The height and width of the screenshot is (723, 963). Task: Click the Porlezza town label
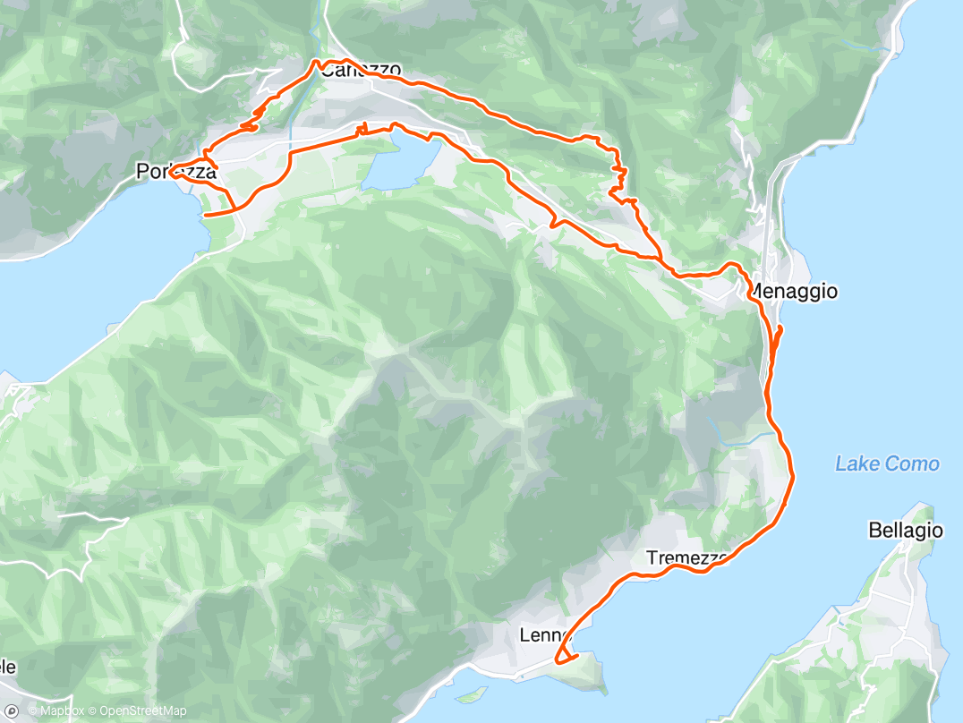coord(176,171)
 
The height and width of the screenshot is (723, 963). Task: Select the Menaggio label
coord(793,291)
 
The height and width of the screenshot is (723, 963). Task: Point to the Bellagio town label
coord(905,531)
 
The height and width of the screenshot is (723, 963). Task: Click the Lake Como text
coord(886,464)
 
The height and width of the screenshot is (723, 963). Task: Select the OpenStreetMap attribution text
coord(143,712)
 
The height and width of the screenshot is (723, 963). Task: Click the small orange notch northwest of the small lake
coord(362,130)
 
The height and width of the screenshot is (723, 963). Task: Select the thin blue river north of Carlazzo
coord(320,36)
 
